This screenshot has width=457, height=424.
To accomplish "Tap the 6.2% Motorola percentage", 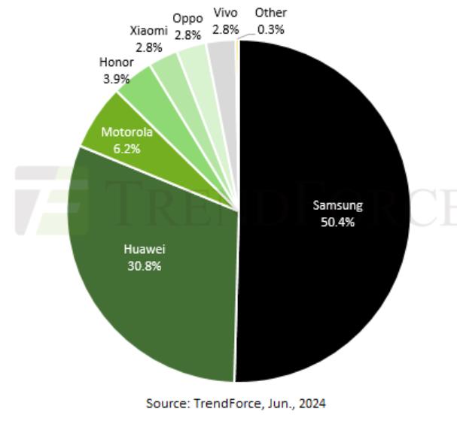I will [x=127, y=148].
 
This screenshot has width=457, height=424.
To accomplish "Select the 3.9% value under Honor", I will [x=115, y=78].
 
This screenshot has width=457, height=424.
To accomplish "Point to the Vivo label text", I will [x=226, y=13].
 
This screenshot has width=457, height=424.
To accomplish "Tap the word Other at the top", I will [x=271, y=13].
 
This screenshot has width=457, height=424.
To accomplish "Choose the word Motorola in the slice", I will [x=127, y=132].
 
